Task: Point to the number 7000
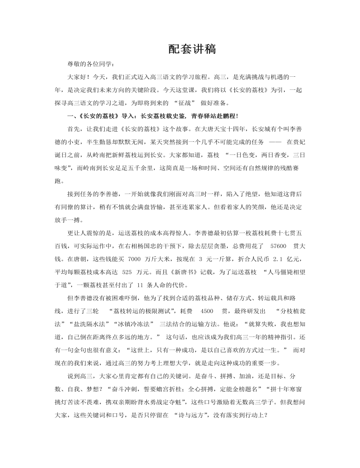point(134,258)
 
